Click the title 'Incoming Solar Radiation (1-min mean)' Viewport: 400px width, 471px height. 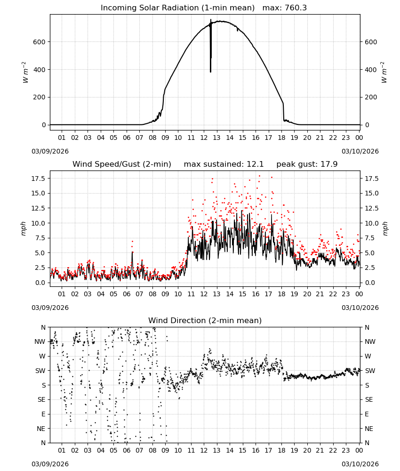(177, 8)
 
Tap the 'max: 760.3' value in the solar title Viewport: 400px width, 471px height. (285, 8)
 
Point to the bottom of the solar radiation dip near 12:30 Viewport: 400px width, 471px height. (211, 72)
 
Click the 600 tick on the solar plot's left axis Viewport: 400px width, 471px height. (40, 42)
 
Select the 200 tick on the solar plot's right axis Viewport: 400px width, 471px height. (371, 97)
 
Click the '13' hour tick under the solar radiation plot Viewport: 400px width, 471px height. (216, 138)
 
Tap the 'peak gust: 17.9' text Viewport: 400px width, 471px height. (307, 164)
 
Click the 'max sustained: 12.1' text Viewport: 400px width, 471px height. (224, 164)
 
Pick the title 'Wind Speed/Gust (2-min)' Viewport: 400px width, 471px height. (122, 164)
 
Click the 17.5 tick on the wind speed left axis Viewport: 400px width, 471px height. (39, 179)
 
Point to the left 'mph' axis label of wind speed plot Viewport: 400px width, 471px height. (24, 228)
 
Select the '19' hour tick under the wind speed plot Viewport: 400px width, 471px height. (295, 294)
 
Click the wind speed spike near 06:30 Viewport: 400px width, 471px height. (132, 252)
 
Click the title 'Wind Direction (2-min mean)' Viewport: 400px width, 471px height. (205, 320)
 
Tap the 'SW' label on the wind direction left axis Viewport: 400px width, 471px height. (40, 371)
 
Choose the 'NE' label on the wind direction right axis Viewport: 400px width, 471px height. (369, 429)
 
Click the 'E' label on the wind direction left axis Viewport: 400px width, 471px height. (43, 414)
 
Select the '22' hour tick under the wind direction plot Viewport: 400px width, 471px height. (333, 451)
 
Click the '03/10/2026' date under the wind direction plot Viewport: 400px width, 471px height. (360, 464)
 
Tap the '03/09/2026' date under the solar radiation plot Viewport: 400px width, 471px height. (50, 151)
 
